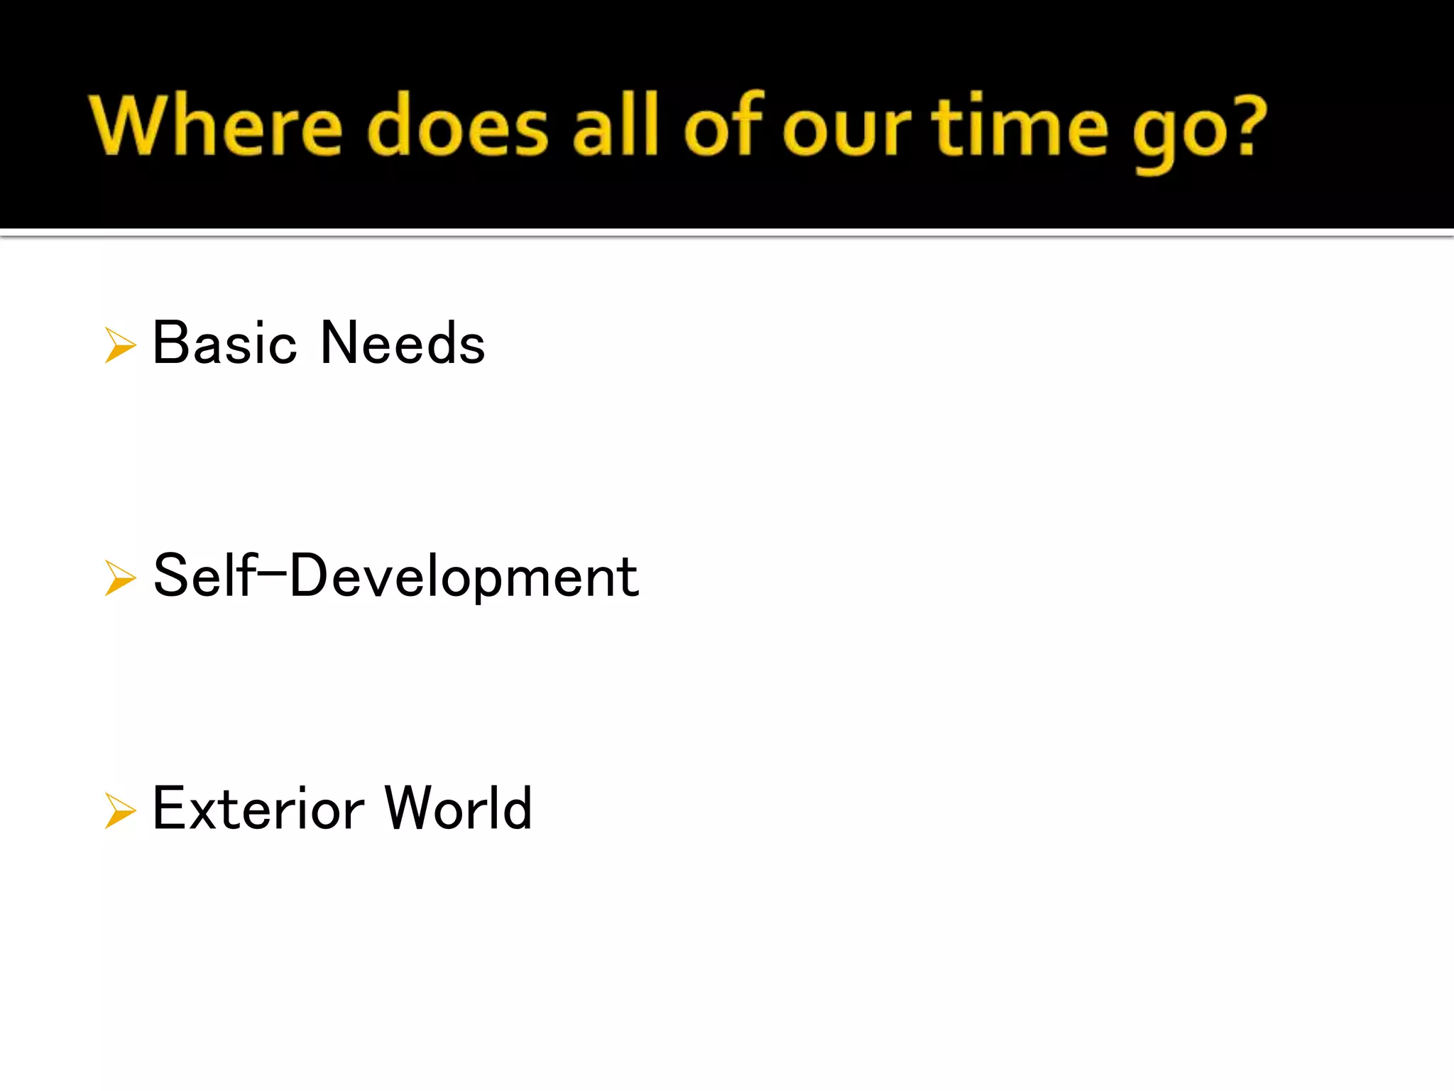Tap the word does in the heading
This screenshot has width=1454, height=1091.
click(458, 126)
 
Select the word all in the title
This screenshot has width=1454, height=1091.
click(616, 126)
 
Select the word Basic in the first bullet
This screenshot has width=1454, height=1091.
click(224, 344)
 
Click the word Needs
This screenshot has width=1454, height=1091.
click(403, 344)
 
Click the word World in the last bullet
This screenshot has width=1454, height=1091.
click(459, 809)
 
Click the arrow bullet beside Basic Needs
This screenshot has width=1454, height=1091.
click(120, 345)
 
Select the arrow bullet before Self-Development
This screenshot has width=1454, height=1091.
click(120, 577)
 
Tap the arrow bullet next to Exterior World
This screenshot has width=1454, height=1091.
click(120, 810)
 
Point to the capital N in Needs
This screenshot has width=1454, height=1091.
click(341, 344)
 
